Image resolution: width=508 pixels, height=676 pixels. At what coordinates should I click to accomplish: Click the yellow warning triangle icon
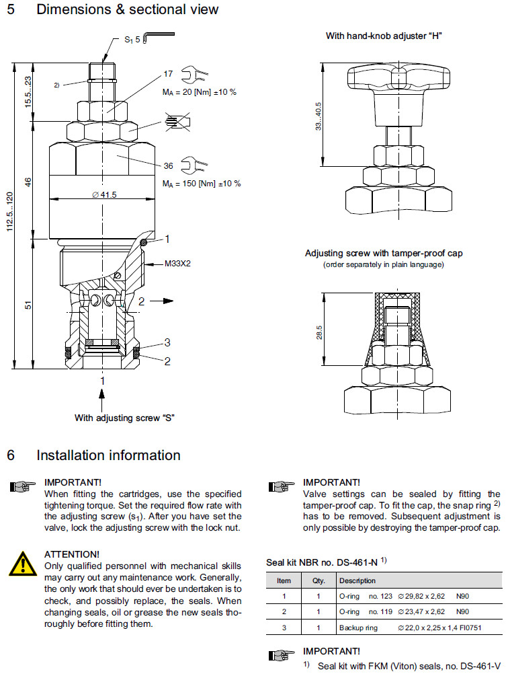click(22, 562)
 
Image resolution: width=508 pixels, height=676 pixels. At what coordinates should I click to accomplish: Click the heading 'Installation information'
click(108, 455)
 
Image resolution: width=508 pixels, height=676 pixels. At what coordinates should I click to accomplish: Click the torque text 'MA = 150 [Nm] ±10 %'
click(202, 183)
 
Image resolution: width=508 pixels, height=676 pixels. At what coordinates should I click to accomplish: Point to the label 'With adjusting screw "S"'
click(124, 418)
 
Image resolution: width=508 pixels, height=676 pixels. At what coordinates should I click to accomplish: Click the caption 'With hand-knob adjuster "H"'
click(384, 36)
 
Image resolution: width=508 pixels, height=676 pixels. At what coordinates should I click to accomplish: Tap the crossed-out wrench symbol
click(179, 121)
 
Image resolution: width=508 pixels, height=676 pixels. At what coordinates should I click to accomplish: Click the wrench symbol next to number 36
click(198, 164)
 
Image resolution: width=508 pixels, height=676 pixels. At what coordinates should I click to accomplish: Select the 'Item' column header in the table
click(284, 580)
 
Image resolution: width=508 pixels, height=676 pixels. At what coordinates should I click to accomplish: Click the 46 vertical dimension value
click(29, 182)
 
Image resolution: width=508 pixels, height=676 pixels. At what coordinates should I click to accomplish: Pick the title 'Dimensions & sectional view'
click(127, 9)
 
